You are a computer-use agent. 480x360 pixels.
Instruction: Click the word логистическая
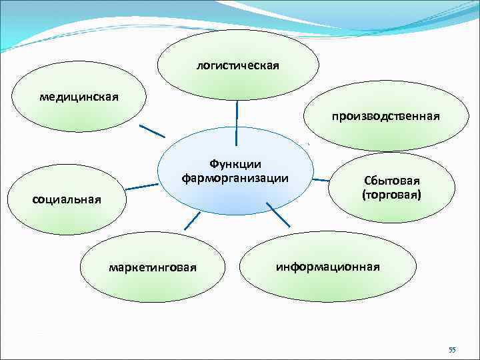237,66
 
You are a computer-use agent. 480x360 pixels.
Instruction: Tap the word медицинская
79,97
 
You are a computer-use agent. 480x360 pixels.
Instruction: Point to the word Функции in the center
235,164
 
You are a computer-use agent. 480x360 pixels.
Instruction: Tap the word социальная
67,199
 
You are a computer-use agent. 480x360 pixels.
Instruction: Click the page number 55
451,350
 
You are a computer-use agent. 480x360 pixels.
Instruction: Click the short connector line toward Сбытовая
321,179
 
